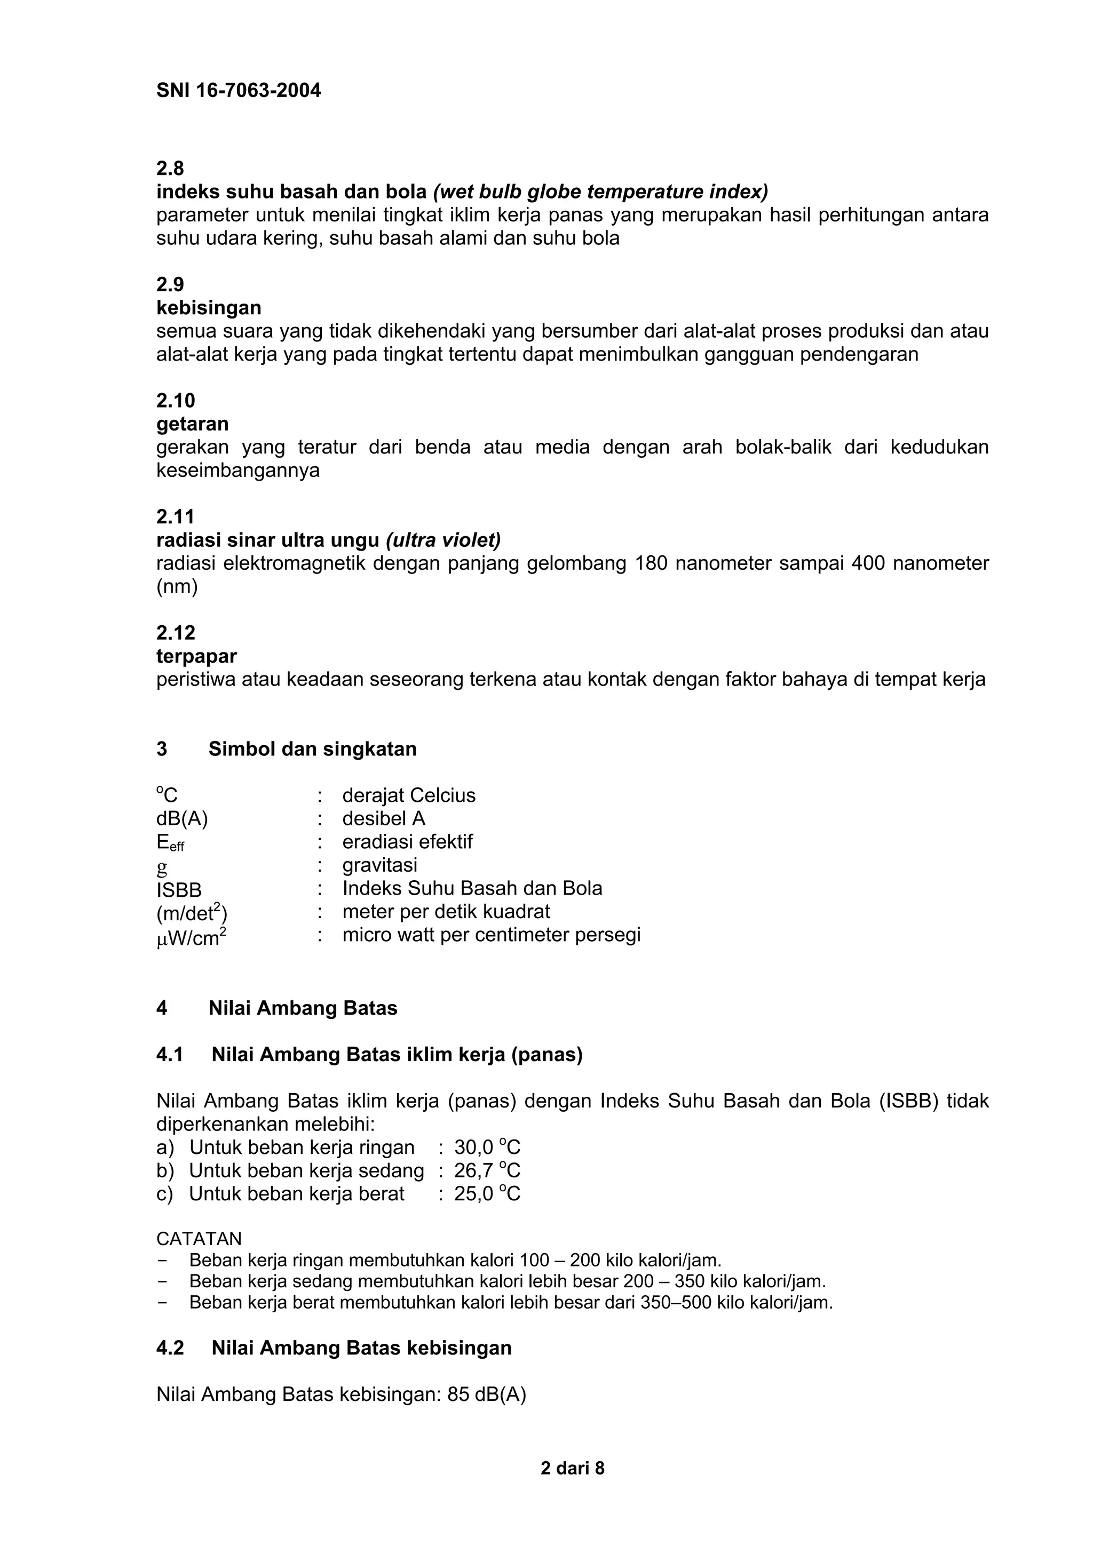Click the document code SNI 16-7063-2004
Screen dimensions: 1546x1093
tap(239, 91)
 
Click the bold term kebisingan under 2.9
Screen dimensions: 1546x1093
tap(209, 308)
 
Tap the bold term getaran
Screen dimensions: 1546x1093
tap(193, 424)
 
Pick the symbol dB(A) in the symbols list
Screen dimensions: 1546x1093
tap(182, 819)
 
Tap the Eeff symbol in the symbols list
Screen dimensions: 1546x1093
tap(170, 843)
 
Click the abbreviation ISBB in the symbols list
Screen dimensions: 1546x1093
tap(179, 890)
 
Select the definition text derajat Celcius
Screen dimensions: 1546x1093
tap(409, 795)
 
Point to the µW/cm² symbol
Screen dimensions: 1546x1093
tap(191, 937)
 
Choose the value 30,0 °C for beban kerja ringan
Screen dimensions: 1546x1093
tap(487, 1147)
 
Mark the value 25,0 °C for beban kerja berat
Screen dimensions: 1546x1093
tap(487, 1194)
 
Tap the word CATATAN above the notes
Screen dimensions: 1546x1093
tap(199, 1239)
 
